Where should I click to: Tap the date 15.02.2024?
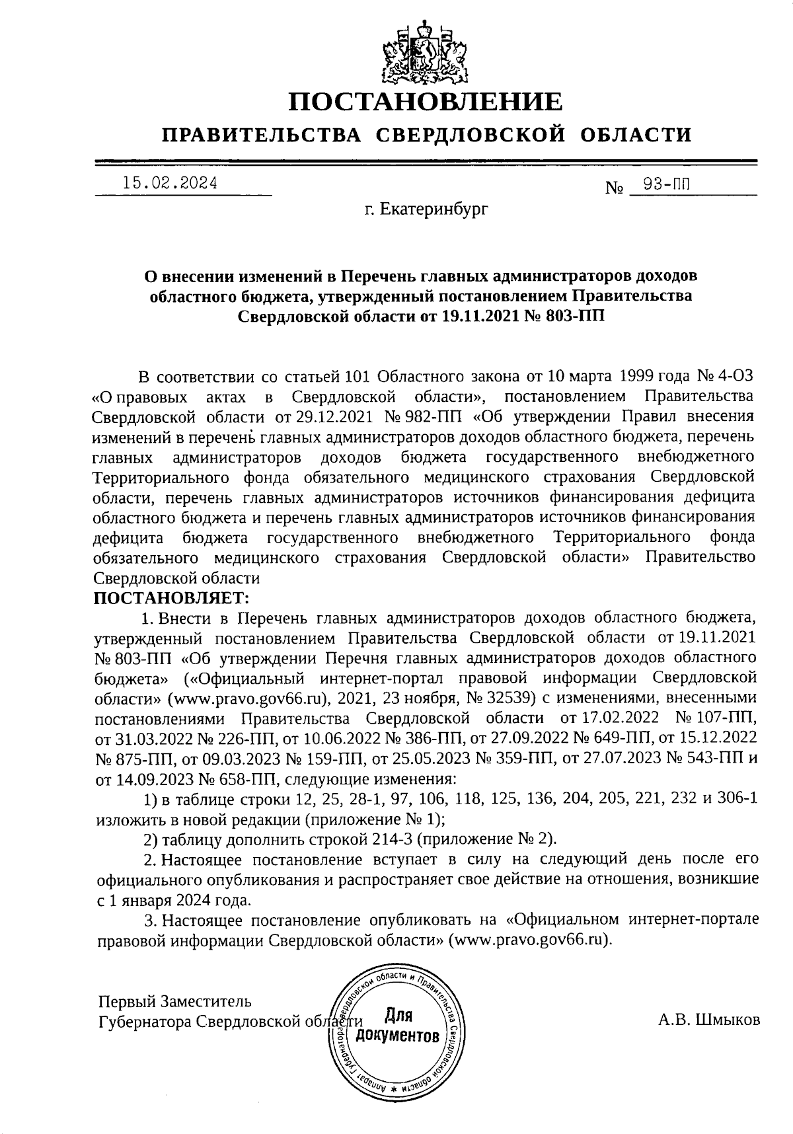pyautogui.click(x=170, y=183)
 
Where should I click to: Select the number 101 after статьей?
pyautogui.click(x=360, y=377)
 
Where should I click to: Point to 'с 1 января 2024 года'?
pyautogui.click(x=174, y=900)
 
